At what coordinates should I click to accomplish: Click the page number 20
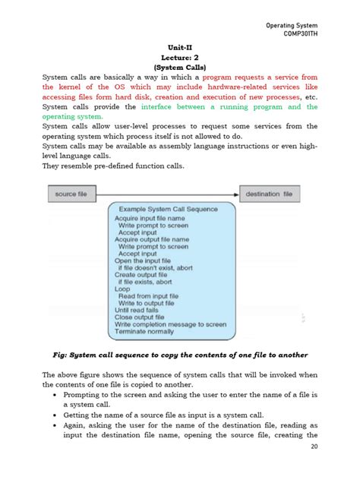(x=313, y=469)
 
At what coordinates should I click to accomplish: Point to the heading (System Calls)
(x=180, y=67)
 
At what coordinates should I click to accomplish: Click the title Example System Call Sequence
(x=169, y=209)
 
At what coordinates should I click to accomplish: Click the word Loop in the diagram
(x=122, y=289)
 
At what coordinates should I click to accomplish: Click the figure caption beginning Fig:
(x=179, y=355)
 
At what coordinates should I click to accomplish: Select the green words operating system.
(x=71, y=117)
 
